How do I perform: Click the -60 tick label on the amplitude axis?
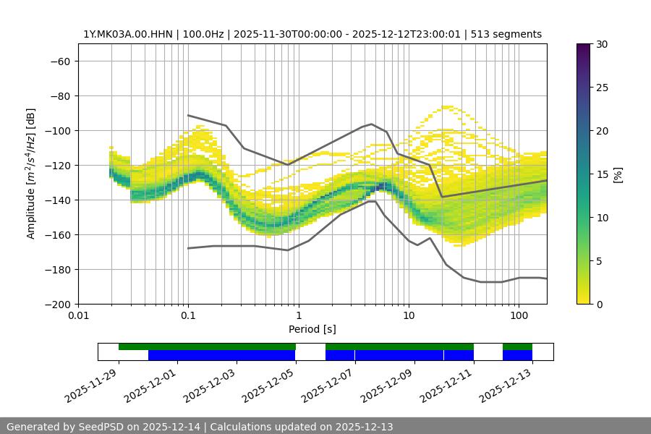pos(59,61)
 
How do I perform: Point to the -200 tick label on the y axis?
pos(56,304)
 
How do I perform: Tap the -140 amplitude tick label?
pos(56,200)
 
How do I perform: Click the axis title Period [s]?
pos(312,330)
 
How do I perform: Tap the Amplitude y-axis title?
pos(31,174)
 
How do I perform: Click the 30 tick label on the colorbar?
pos(601,44)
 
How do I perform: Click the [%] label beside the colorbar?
pos(618,174)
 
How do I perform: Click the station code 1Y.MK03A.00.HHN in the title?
pos(127,34)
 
